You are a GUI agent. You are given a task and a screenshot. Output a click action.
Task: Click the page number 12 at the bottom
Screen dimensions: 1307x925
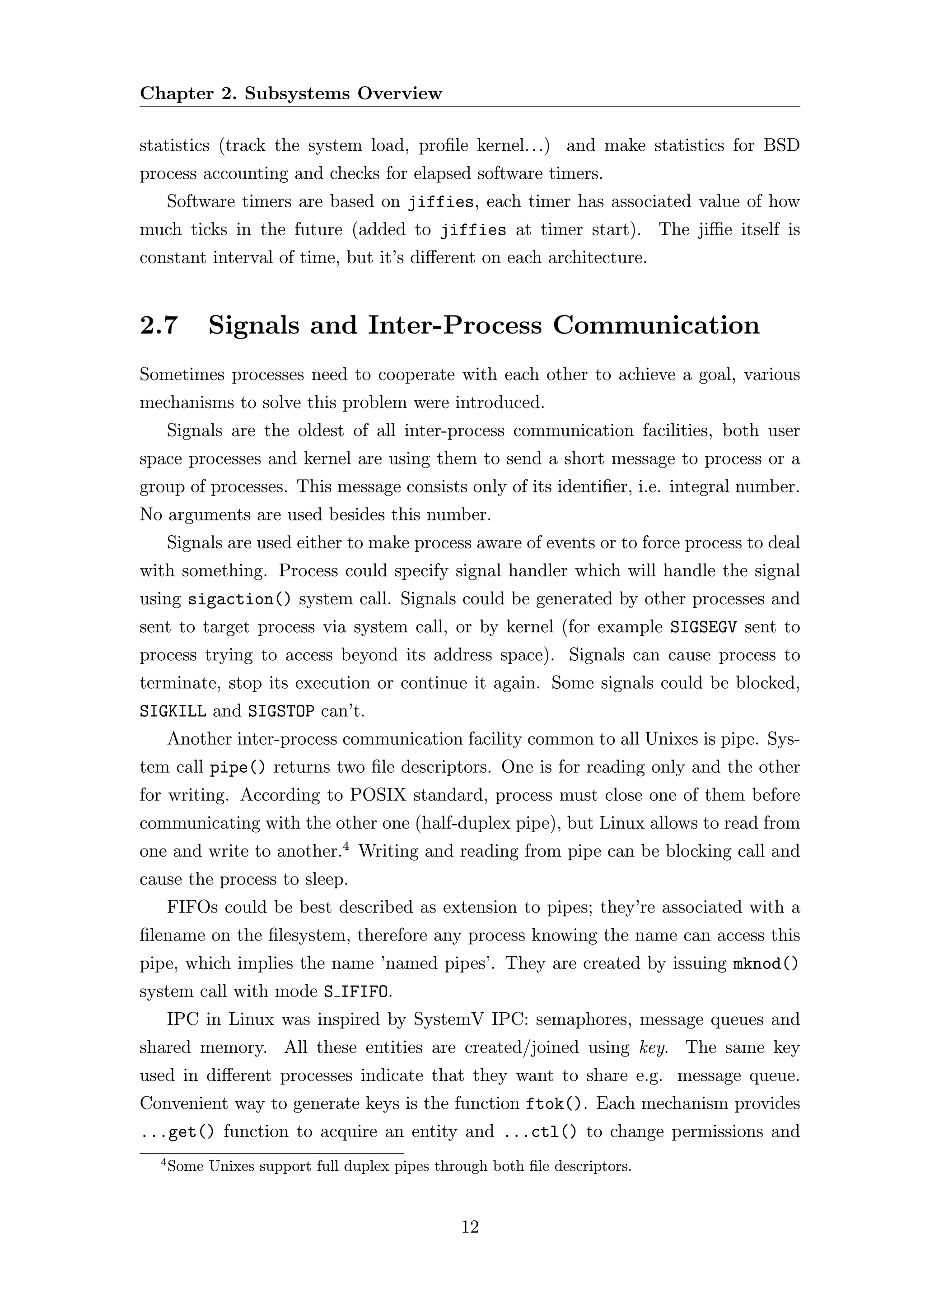pyautogui.click(x=470, y=1227)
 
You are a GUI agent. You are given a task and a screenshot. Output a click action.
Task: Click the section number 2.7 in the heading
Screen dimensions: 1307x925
pyautogui.click(x=159, y=325)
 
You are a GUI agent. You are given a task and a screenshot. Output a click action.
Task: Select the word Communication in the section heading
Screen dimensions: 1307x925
pyautogui.click(x=656, y=325)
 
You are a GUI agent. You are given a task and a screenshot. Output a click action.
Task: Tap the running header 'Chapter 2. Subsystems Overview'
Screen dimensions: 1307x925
pyautogui.click(x=290, y=93)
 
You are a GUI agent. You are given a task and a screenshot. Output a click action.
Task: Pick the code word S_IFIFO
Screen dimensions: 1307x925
pyautogui.click(x=358, y=992)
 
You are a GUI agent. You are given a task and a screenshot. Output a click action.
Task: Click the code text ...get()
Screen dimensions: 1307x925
pyautogui.click(x=177, y=1132)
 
